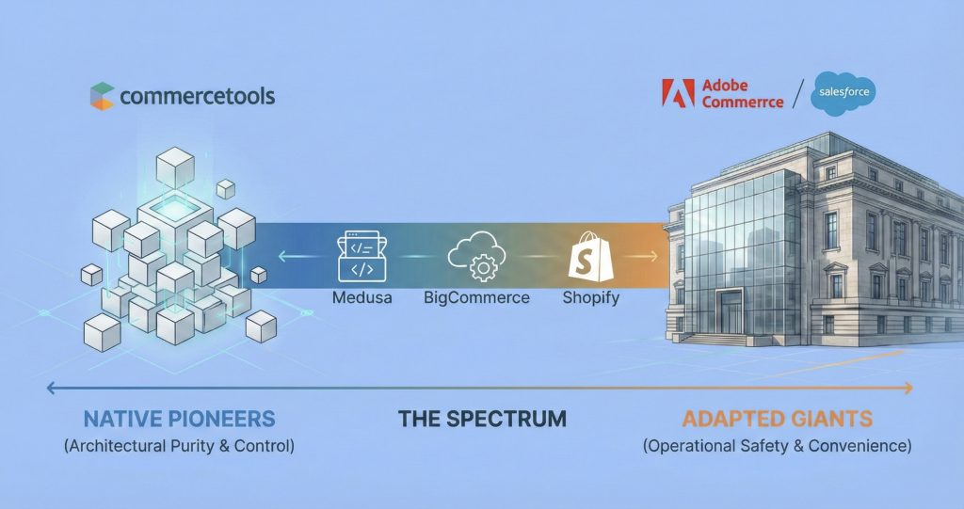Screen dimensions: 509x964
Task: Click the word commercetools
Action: coord(197,95)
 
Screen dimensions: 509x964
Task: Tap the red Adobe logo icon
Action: coord(679,92)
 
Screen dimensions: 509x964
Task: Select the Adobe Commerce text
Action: coord(741,93)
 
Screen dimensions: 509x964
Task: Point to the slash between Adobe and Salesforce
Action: coord(798,93)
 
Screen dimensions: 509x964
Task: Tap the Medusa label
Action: coord(362,298)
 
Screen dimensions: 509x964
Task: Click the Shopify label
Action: coord(591,298)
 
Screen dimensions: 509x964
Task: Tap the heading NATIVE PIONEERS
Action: coord(179,419)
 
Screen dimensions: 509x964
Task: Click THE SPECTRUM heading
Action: coord(482,419)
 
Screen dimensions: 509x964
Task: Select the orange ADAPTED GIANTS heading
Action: coord(777,419)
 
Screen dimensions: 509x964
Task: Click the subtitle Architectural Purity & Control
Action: coord(179,446)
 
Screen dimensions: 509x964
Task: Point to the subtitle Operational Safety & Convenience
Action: coord(777,446)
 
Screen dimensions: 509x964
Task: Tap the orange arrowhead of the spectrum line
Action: coord(909,388)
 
